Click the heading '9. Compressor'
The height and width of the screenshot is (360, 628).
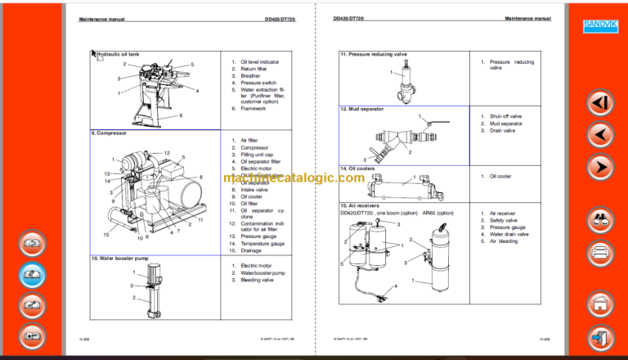110,133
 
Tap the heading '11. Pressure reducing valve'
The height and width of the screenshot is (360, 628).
374,54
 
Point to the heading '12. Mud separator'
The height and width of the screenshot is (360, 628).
361,108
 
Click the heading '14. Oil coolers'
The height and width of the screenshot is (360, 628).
357,168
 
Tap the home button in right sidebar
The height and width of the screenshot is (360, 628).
600,302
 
